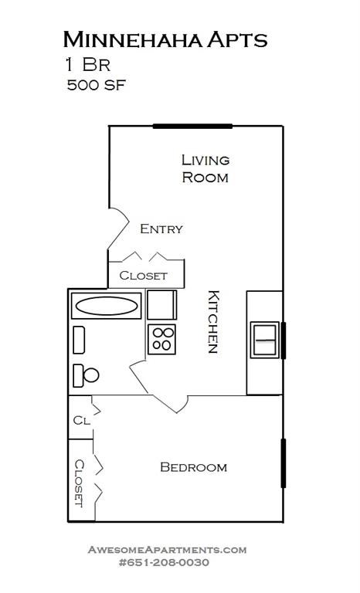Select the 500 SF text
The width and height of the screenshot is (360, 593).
tap(96, 85)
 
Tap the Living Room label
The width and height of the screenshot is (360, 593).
tap(205, 168)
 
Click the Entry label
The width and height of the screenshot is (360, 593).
tap(161, 229)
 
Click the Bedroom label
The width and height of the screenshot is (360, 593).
tap(193, 467)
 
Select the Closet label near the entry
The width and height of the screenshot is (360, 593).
tap(143, 275)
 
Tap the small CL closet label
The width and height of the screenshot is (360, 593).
tap(81, 421)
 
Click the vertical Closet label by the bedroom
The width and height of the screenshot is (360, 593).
tap(80, 483)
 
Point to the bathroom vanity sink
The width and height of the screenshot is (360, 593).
tap(79, 338)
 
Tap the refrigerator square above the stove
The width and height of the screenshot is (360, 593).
tap(161, 304)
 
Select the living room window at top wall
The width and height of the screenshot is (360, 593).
tap(192, 126)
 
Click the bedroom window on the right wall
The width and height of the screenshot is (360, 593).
tap(283, 463)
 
